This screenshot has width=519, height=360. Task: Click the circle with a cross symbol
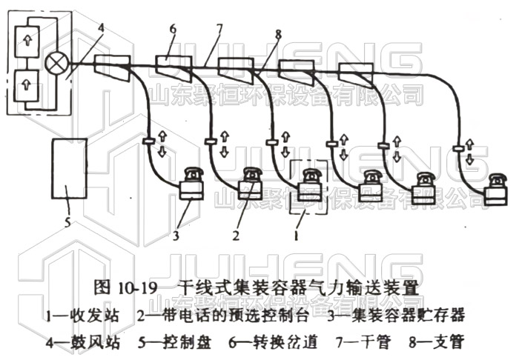click(x=56, y=64)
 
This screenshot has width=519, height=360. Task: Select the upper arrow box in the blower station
click(x=27, y=41)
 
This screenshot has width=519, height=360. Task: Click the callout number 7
click(x=219, y=29)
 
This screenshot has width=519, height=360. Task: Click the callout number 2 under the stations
click(x=236, y=236)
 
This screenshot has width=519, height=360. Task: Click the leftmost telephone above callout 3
click(x=194, y=174)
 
